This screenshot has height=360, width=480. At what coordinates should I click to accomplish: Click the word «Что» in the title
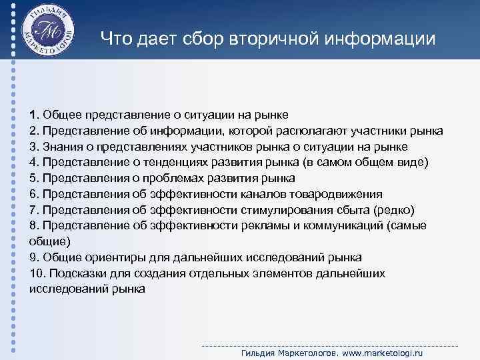pyautogui.click(x=115, y=40)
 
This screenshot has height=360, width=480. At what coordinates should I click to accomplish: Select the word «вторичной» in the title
pyautogui.click(x=264, y=40)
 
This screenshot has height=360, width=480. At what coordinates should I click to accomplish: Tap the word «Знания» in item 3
pyautogui.click(x=63, y=146)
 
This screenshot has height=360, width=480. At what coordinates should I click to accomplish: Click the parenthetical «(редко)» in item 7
pyautogui.click(x=395, y=210)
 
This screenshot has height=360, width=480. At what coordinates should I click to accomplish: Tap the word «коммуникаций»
pyautogui.click(x=345, y=226)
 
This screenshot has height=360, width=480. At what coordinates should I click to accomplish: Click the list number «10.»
pyautogui.click(x=37, y=273)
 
